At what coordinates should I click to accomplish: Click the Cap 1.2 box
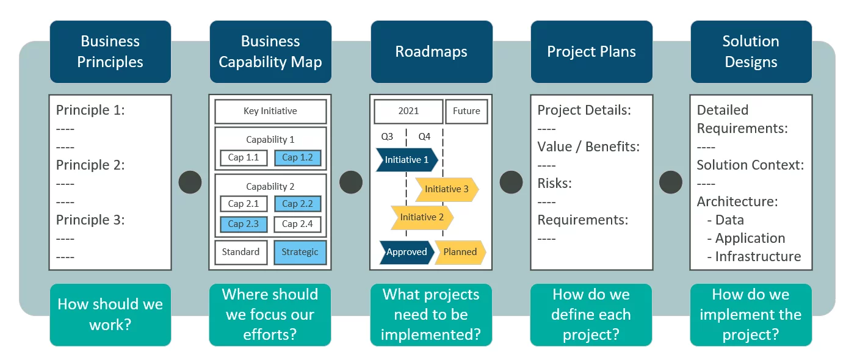click(x=298, y=157)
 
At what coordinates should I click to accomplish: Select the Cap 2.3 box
click(x=244, y=224)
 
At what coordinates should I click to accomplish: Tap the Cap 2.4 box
click(x=298, y=224)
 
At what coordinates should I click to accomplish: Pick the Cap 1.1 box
click(x=244, y=157)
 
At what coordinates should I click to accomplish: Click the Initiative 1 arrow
click(x=407, y=159)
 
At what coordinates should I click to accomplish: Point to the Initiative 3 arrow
click(x=447, y=189)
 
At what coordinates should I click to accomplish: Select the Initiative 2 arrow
click(x=422, y=217)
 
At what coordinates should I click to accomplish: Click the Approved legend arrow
click(x=407, y=252)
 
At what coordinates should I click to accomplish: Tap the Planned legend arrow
click(x=460, y=252)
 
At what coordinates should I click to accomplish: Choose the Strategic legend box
click(x=300, y=252)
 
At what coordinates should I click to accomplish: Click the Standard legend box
click(x=241, y=252)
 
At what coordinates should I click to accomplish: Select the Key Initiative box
click(x=270, y=111)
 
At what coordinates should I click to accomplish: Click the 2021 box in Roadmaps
click(x=408, y=111)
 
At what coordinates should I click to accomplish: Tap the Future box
click(x=467, y=111)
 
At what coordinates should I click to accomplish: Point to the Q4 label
click(x=424, y=137)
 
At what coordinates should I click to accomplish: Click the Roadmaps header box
click(x=432, y=52)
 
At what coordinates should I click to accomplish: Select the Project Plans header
click(x=591, y=52)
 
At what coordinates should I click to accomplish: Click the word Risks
click(x=554, y=183)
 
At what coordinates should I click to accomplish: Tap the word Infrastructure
click(x=758, y=256)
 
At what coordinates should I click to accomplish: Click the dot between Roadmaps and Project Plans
click(x=511, y=182)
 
